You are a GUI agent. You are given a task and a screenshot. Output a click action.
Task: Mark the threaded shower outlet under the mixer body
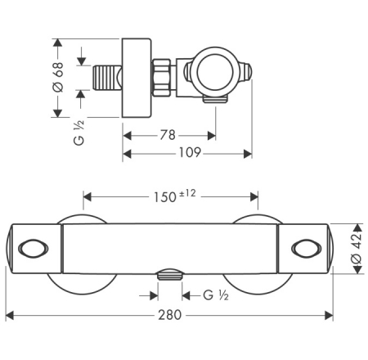click(x=170, y=276)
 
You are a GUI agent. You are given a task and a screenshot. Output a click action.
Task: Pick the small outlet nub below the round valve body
click(x=214, y=101)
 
